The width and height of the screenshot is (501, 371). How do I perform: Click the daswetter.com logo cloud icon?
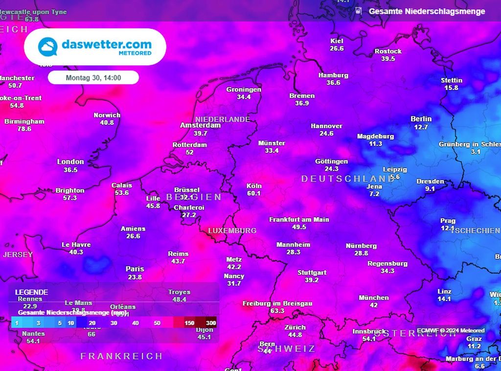[48, 47]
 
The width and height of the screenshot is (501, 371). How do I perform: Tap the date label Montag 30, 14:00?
[93, 77]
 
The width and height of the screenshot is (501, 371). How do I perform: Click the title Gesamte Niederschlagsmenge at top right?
[427, 11]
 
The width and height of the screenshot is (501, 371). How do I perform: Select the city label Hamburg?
[333, 75]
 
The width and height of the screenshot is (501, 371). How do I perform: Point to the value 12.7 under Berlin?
[421, 127]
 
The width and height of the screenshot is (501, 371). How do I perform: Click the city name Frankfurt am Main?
[299, 220]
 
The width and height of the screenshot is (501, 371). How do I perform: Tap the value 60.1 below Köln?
[254, 193]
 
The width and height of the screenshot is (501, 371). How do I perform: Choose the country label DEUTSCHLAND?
[348, 179]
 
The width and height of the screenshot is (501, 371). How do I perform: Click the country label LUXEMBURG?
[232, 231]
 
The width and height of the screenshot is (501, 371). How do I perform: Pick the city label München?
[374, 298]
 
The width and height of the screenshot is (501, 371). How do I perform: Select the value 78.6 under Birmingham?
[24, 129]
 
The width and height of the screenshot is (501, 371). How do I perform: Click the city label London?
[70, 162]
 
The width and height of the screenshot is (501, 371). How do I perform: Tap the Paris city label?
[135, 269]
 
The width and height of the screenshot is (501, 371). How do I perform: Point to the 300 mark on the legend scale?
[210, 323]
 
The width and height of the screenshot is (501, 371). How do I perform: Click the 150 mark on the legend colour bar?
[189, 323]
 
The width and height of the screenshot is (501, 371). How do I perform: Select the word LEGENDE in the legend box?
[31, 292]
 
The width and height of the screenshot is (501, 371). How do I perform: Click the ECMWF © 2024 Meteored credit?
[451, 331]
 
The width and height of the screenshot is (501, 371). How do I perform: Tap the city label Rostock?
[388, 51]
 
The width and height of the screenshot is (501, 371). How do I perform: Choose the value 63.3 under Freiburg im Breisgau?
[277, 311]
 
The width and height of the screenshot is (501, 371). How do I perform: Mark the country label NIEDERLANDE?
[223, 119]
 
